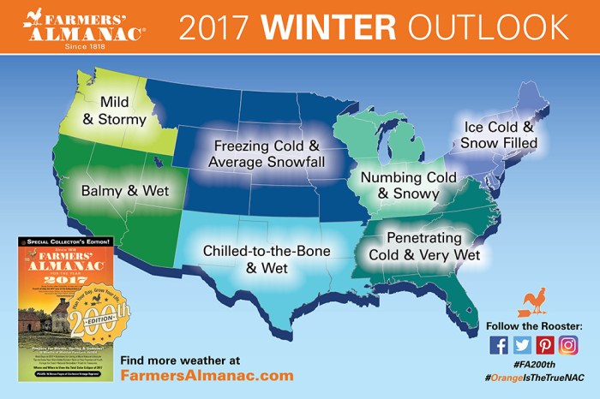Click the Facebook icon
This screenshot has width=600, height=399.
click(x=499, y=345)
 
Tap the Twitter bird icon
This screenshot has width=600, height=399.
click(x=522, y=345)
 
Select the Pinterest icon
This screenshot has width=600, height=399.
click(x=545, y=345)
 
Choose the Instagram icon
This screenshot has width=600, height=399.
click(x=568, y=345)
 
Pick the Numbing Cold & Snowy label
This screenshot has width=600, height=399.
click(x=399, y=186)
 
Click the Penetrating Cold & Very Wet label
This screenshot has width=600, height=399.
click(x=424, y=246)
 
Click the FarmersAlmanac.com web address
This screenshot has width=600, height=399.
click(x=207, y=375)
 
